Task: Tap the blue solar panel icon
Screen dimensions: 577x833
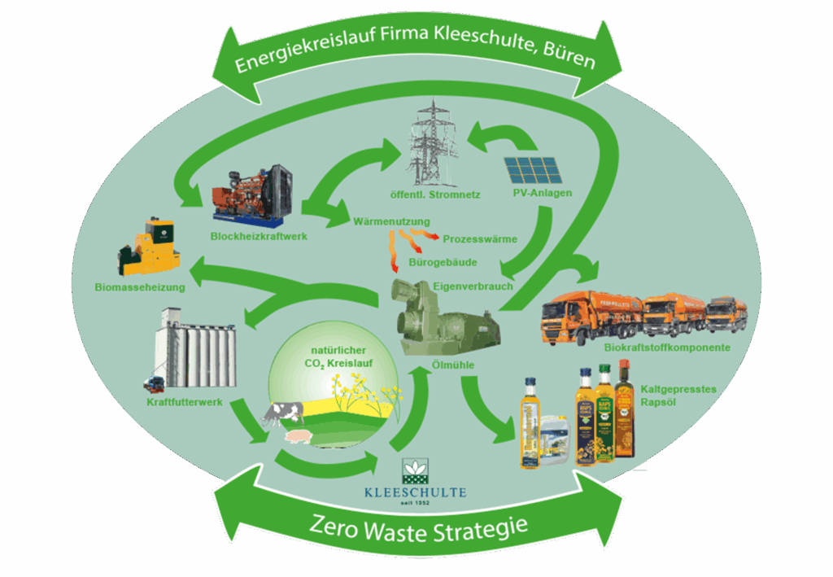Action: pyautogui.click(x=534, y=169)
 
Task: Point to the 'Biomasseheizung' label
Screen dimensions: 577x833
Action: pyautogui.click(x=140, y=286)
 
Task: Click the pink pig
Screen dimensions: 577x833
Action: pyautogui.click(x=298, y=437)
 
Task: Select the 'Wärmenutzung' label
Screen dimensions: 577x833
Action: pyautogui.click(x=392, y=221)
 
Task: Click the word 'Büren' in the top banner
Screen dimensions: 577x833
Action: pyautogui.click(x=567, y=59)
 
